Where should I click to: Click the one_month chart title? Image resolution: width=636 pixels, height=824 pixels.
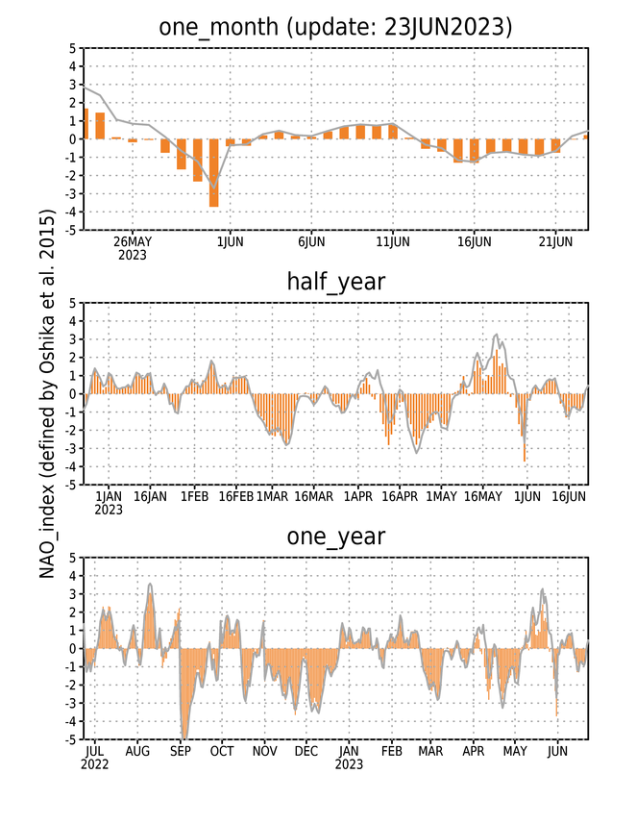(335, 27)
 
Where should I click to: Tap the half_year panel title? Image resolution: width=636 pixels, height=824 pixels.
(335, 283)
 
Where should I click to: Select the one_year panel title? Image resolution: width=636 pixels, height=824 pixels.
(335, 537)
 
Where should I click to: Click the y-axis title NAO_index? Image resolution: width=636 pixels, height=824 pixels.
(47, 394)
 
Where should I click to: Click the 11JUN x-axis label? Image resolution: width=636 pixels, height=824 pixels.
(393, 241)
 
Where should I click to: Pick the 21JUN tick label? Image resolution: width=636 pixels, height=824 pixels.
(555, 241)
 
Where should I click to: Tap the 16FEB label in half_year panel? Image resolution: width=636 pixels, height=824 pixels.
(235, 496)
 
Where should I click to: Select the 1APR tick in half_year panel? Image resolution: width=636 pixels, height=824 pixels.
(358, 496)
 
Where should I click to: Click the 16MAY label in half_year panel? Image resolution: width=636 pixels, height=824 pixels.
(483, 496)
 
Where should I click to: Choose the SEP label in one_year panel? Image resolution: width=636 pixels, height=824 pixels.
(181, 751)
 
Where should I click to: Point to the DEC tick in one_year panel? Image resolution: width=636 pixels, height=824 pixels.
(306, 751)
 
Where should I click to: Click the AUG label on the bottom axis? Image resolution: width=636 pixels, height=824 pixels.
(137, 751)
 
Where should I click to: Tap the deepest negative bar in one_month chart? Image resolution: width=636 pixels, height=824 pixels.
(213, 173)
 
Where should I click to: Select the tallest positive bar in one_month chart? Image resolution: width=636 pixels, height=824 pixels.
(86, 123)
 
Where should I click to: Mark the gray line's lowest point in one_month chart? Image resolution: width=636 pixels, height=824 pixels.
(213, 188)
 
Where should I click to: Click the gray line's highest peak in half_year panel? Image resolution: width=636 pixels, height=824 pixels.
(497, 335)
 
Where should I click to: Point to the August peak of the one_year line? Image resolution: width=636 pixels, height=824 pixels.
(150, 584)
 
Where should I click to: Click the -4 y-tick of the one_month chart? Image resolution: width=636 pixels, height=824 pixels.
(72, 212)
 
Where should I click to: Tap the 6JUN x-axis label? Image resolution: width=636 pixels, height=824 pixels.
(311, 241)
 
